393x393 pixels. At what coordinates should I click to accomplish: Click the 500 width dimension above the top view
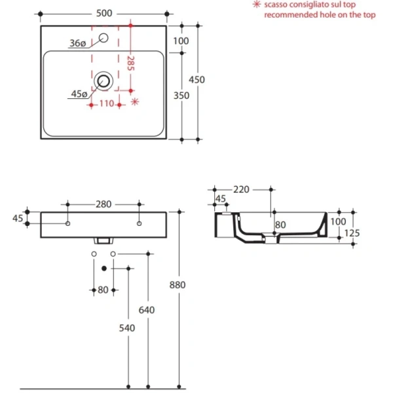tap(103, 12)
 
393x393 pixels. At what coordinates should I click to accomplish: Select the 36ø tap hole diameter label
tap(77, 43)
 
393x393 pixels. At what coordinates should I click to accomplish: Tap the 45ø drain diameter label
tap(79, 94)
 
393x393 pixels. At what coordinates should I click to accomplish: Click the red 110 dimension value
tap(107, 103)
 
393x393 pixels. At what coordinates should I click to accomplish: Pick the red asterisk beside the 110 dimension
tap(136, 102)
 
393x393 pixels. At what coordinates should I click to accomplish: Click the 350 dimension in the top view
tap(182, 96)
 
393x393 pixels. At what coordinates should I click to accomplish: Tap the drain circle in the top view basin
tap(103, 81)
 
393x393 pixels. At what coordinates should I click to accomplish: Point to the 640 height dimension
tap(147, 310)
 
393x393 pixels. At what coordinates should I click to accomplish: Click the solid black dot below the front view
tap(103, 268)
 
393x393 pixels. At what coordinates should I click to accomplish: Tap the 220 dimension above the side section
tap(242, 190)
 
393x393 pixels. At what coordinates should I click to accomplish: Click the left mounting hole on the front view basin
tap(67, 224)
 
